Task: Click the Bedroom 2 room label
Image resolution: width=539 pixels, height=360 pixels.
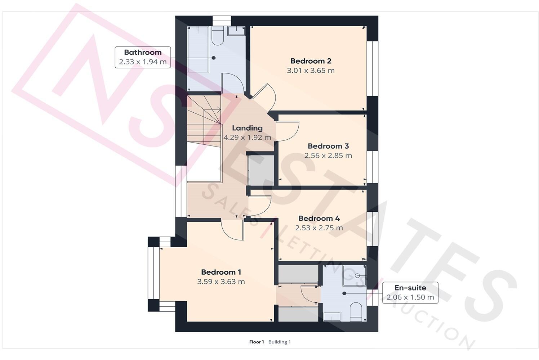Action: pos(311,61)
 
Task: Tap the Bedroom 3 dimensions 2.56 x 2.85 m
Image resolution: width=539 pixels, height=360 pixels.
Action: pos(328,156)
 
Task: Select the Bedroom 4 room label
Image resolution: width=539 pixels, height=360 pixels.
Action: pos(319,219)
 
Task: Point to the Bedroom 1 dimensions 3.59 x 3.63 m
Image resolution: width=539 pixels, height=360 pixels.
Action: pos(221,282)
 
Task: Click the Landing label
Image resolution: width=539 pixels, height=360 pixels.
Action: pos(247,128)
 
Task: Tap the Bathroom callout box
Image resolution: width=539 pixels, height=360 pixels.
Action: pos(143,57)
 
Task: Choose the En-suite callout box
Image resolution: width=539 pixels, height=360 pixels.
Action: pos(410,293)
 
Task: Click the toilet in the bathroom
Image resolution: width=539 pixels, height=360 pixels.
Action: pos(218,36)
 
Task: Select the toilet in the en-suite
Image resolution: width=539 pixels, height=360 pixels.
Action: pos(355,312)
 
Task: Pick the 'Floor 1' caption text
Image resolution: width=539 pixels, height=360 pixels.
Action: pos(257,342)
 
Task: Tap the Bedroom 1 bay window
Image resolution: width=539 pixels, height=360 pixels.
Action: pos(153,274)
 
